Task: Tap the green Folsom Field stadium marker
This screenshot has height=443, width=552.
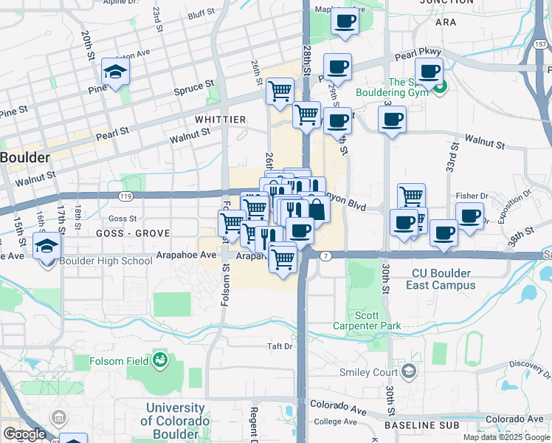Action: tap(159, 360)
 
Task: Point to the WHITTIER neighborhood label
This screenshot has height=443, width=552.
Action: tap(221, 119)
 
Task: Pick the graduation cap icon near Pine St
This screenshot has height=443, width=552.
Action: tap(115, 72)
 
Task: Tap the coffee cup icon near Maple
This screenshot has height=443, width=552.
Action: tap(345, 21)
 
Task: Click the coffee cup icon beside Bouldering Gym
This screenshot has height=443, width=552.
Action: tap(429, 72)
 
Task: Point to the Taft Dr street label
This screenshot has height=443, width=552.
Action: tap(280, 346)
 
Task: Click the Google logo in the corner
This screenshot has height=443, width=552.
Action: tap(24, 434)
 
